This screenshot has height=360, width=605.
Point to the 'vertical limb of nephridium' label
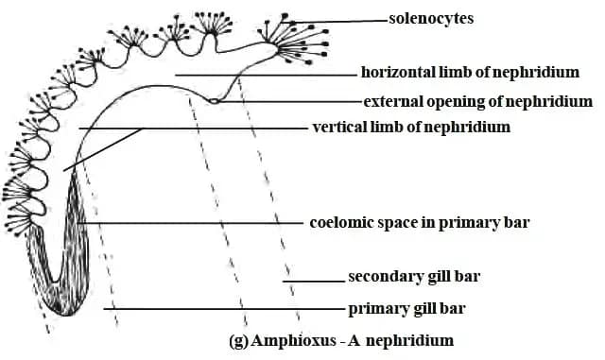pyautogui.click(x=411, y=127)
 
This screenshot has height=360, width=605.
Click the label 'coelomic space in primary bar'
pyautogui.click(x=419, y=224)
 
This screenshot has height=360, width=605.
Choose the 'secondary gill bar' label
pyautogui.click(x=414, y=277)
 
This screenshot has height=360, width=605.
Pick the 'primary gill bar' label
pyautogui.click(x=406, y=308)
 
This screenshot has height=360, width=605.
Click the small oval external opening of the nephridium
pyautogui.click(x=215, y=101)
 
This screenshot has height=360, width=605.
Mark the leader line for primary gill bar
pyautogui.click(x=227, y=309)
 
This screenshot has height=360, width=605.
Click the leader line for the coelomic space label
pyautogui.click(x=199, y=223)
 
